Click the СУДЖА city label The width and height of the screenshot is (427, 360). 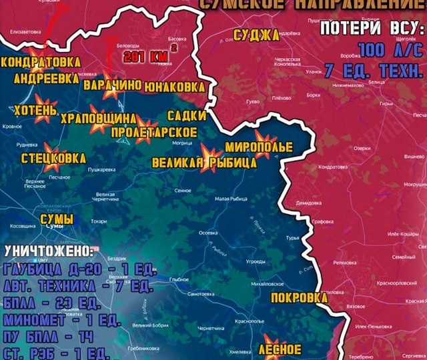tap(256, 35)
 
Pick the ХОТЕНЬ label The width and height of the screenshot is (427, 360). tap(31, 109)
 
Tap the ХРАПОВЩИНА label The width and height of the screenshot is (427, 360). tap(98, 119)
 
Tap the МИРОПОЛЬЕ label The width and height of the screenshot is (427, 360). tap(258, 147)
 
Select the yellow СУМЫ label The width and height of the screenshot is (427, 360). tap(57, 219)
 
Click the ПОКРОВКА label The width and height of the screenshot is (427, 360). tap(299, 297)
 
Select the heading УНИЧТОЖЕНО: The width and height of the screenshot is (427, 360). tap(49, 253)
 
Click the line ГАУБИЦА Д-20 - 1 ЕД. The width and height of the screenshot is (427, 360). tap(79, 270)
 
